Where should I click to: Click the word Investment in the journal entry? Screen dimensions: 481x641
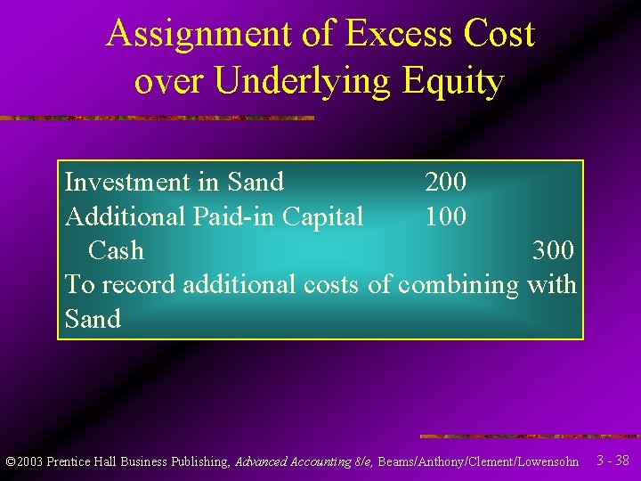click(119, 182)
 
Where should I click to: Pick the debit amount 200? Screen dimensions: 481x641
click(445, 182)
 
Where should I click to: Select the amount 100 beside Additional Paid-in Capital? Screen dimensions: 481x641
click(445, 216)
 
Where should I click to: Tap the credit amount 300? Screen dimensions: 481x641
click(553, 250)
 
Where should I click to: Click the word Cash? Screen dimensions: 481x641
click(116, 250)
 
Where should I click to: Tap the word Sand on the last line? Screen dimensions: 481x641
click(93, 319)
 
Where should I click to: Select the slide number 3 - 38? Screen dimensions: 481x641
click(613, 461)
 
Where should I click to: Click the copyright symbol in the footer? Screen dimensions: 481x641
click(10, 461)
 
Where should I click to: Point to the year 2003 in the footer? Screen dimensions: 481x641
click(29, 461)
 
